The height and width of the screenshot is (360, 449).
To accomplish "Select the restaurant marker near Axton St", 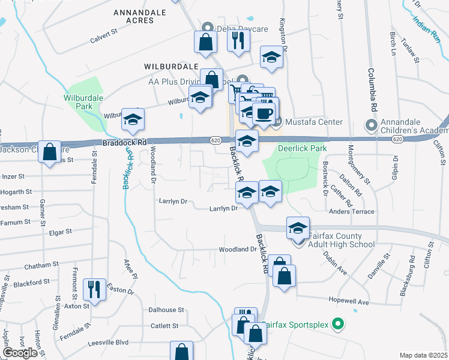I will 95,289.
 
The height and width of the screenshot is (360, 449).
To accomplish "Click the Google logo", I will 20,353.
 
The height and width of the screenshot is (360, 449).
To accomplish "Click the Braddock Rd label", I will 124,143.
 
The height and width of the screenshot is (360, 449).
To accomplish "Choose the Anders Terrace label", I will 351,211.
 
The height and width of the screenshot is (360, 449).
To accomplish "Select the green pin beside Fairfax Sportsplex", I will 337,325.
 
